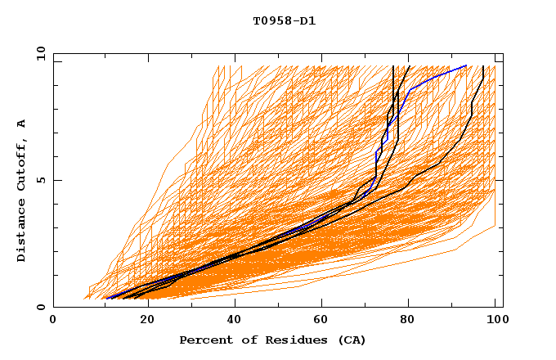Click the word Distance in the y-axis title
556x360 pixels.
pyautogui.click(x=22, y=233)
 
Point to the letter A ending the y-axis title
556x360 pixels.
pyautogui.click(x=22, y=124)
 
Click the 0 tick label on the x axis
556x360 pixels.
pyautogui.click(x=53, y=321)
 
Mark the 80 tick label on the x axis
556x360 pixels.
pyautogui.click(x=408, y=321)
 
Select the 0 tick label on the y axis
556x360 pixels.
pyautogui.click(x=40, y=308)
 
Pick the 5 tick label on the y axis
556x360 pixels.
pyautogui.click(x=40, y=181)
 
